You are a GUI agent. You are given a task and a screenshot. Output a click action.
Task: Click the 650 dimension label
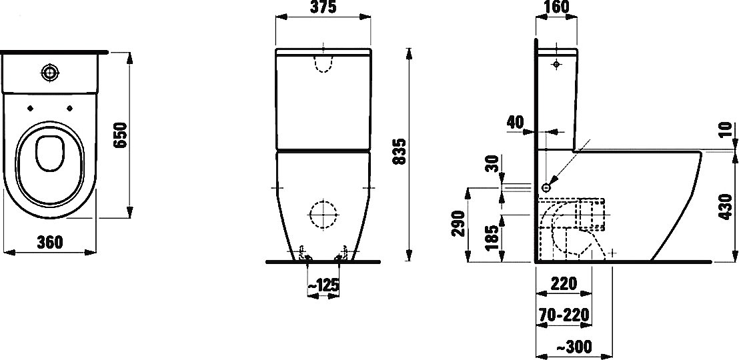click(x=121, y=135)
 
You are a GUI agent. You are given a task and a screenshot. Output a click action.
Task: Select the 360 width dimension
click(x=49, y=242)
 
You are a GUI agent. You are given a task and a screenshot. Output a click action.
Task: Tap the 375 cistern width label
click(x=323, y=7)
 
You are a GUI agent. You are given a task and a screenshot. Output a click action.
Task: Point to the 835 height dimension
click(x=399, y=151)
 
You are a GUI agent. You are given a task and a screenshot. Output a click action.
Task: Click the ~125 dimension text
click(x=323, y=285)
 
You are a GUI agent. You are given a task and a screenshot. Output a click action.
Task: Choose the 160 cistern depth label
click(x=557, y=7)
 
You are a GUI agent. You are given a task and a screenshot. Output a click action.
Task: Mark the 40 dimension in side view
click(x=515, y=123)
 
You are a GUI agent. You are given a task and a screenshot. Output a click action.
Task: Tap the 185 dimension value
click(x=493, y=238)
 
